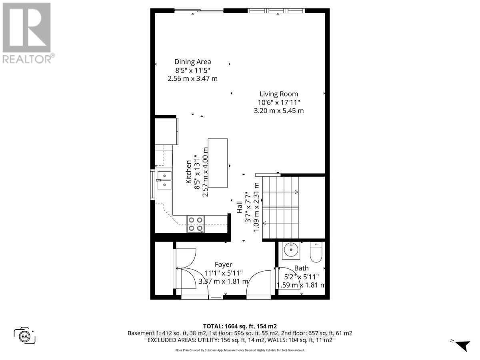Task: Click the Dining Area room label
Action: coord(192,62)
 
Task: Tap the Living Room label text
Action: coord(279,94)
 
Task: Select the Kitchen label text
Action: coord(188,172)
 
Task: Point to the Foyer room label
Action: coord(223,264)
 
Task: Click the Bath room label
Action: coord(301,268)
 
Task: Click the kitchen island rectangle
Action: coord(218,163)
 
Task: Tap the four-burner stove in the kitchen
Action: coord(196,224)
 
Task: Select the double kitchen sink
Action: coord(164,180)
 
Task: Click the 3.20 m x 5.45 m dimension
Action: coord(279,111)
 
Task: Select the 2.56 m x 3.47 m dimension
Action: coord(192,78)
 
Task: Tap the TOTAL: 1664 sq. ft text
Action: coord(240,326)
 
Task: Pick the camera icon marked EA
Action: coord(25,335)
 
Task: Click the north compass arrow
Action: coord(462,345)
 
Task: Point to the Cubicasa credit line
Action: coord(240,350)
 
